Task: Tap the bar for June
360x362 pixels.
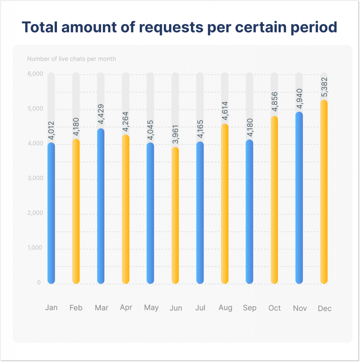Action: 175,215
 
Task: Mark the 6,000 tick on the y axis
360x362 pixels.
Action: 35,74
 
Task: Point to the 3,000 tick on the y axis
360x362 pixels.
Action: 35,178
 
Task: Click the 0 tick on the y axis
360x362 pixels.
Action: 39,282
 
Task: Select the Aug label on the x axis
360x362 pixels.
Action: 225,308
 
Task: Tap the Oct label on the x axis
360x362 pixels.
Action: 274,308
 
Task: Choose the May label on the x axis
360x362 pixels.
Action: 151,308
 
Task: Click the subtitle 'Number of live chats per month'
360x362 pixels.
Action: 71,59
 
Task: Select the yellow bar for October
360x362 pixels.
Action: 274,200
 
